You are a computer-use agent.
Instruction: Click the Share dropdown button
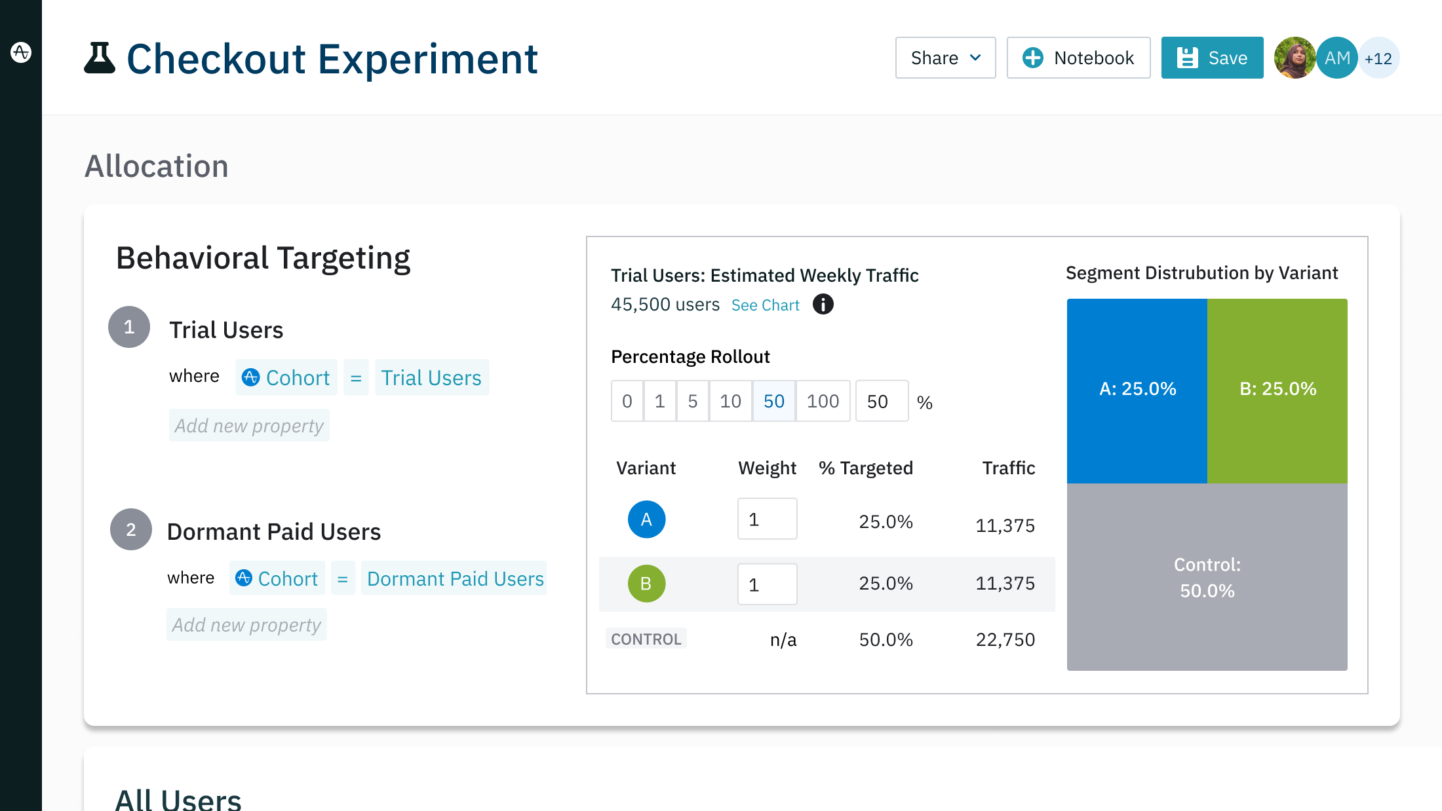point(945,58)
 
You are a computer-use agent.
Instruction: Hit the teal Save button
point(1212,58)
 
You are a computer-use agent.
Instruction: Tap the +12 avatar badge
point(1379,59)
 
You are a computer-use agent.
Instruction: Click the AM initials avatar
point(1336,58)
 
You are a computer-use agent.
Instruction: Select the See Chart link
point(765,305)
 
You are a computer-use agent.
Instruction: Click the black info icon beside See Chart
point(823,305)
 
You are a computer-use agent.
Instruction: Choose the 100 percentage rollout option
point(823,401)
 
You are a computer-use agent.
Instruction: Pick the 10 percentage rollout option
point(730,401)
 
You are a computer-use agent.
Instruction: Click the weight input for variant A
point(767,519)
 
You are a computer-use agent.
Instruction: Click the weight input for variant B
point(767,584)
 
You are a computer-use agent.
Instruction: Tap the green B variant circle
point(646,584)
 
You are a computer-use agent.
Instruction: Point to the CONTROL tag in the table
point(646,639)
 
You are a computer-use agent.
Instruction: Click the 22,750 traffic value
point(1005,639)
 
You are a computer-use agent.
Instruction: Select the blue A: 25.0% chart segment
point(1137,390)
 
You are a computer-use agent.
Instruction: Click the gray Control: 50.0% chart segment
point(1207,577)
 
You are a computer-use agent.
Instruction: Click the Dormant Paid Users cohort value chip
point(455,578)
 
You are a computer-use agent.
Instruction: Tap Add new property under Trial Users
point(249,426)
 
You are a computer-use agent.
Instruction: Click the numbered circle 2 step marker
point(131,529)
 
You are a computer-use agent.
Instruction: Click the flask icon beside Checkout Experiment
point(100,58)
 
